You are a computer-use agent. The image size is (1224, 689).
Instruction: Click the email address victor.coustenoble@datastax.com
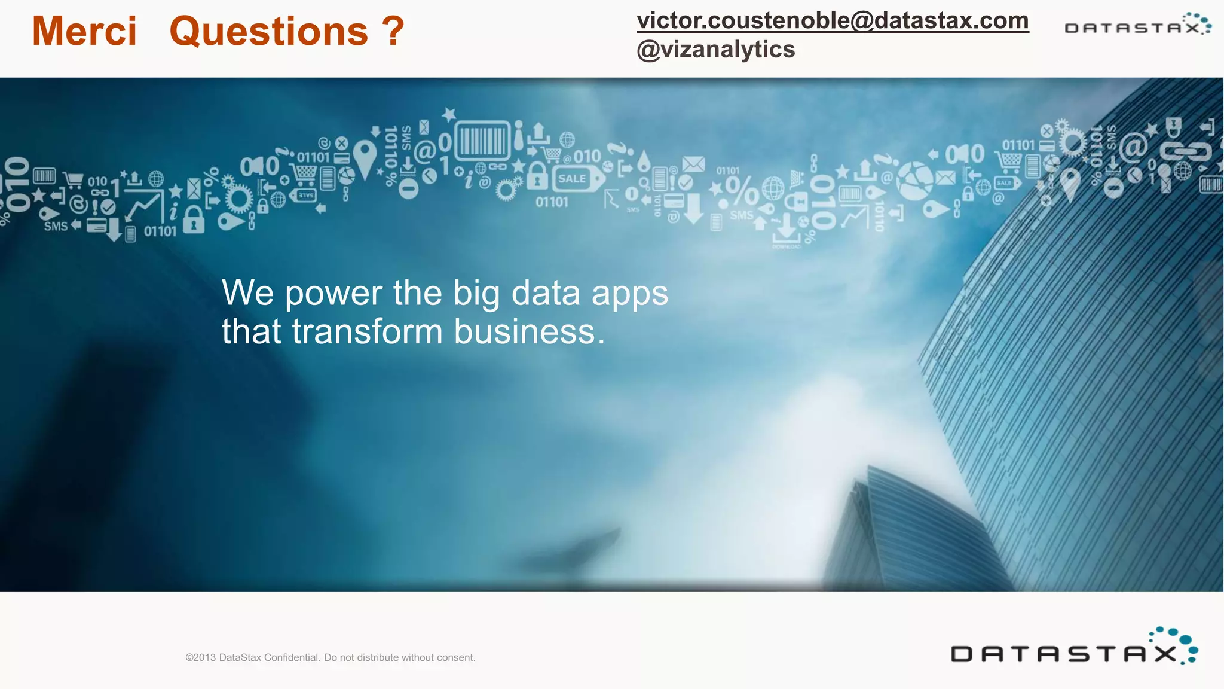(x=833, y=20)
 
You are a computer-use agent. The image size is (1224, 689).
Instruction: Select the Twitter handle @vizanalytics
(x=715, y=50)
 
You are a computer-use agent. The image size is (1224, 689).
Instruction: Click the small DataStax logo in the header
(x=1137, y=25)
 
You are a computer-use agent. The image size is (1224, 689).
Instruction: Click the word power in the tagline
(x=333, y=294)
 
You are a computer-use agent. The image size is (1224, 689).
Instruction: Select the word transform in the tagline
(x=367, y=332)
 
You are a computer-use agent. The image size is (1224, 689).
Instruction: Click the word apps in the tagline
(x=629, y=294)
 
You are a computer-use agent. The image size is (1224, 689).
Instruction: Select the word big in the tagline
(x=476, y=294)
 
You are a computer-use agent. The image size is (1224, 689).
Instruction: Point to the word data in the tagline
(x=546, y=293)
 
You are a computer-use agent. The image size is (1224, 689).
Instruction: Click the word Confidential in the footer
(x=291, y=657)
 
